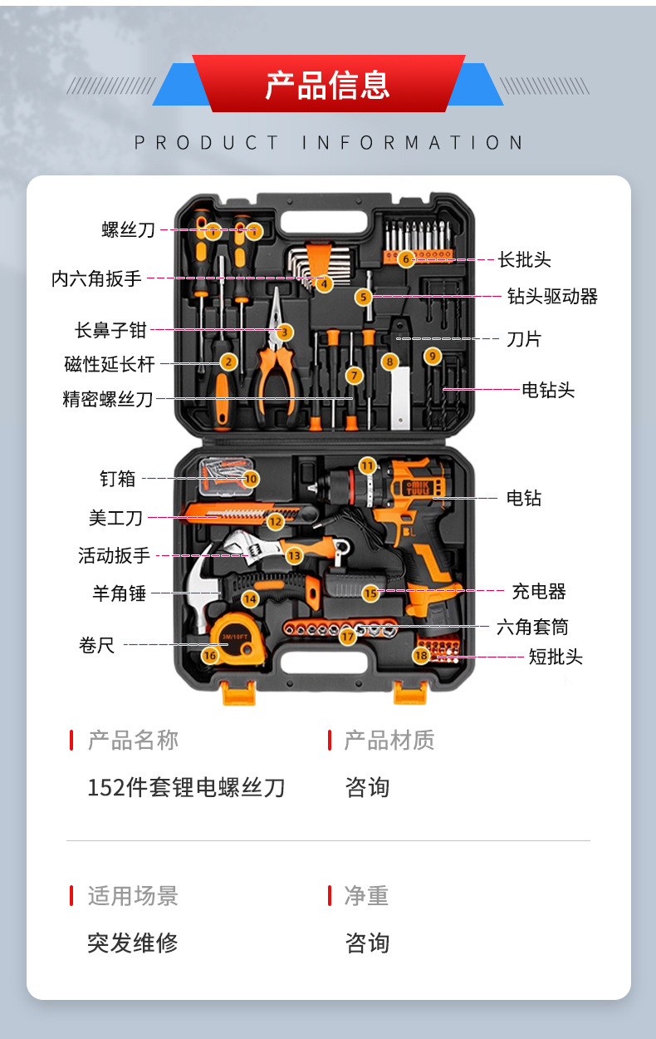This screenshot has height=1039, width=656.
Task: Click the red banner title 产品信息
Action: [327, 86]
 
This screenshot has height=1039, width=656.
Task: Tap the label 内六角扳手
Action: [96, 278]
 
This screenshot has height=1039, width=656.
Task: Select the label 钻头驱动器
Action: [552, 297]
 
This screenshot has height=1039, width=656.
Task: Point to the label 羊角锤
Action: [119, 593]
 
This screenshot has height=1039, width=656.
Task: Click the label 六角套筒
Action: [533, 627]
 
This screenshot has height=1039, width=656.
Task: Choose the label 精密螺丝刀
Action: [107, 399]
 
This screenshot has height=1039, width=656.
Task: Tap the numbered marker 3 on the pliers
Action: [285, 332]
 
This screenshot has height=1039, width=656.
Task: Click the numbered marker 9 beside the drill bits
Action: [433, 357]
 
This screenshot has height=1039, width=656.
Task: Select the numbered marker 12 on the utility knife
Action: [275, 522]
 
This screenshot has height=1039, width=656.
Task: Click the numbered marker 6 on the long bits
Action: [406, 259]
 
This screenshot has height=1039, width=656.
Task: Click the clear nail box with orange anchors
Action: [226, 476]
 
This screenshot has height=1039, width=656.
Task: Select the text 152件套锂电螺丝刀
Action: [186, 788]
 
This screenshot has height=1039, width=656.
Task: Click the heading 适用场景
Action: [133, 896]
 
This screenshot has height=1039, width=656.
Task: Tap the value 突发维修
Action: [133, 943]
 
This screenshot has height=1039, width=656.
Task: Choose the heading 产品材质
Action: [389, 740]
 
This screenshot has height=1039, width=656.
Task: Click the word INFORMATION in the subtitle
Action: [413, 143]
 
